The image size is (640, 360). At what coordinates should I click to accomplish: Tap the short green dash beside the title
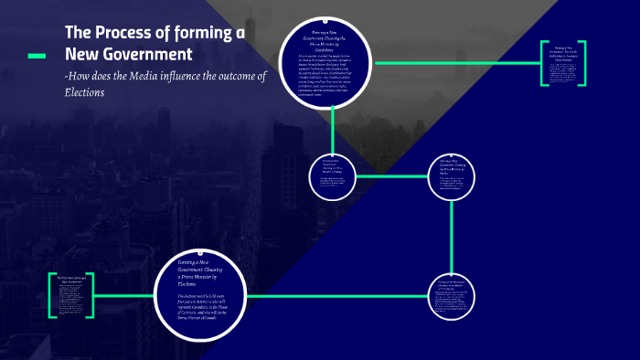coord(37,56)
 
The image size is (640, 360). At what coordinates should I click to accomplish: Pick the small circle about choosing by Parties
coord(452,176)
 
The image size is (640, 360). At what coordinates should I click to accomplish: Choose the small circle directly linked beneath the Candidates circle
coord(334,175)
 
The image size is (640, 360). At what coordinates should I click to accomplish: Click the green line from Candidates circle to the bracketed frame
coord(457,64)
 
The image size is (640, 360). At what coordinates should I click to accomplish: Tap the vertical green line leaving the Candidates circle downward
coord(334,127)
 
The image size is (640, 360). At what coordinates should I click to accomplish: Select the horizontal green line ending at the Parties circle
coord(393,175)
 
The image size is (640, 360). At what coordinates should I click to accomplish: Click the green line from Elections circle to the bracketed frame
coord(123,294)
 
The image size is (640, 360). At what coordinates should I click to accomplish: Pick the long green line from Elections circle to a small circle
coord(338,294)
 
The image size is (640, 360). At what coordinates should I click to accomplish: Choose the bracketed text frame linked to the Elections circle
coord(71,295)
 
